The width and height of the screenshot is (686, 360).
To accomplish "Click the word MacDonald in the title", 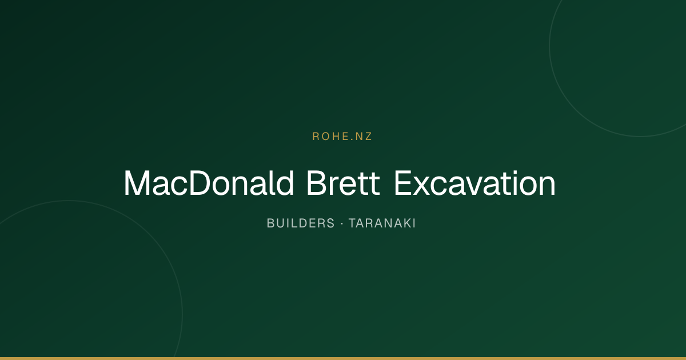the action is (x=209, y=183).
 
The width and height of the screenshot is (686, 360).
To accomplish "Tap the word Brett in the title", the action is (x=344, y=183).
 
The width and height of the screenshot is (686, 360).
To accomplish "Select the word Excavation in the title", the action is (x=474, y=183).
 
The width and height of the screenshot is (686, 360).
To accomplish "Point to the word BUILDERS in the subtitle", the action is (x=301, y=223).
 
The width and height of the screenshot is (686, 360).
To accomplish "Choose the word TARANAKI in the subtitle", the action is (x=382, y=223).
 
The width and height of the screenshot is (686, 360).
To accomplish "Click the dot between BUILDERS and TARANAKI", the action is (x=342, y=223).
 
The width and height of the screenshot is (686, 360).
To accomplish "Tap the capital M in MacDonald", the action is (x=137, y=183).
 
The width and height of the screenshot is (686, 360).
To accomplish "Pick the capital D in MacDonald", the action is (x=200, y=183).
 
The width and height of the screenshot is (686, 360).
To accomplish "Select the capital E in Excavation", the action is (x=402, y=183).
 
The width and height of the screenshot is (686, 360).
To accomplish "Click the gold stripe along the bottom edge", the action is (x=343, y=358).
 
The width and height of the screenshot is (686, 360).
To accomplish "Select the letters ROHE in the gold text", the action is (x=329, y=137).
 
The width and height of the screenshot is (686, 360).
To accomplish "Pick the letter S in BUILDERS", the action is (x=331, y=223).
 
